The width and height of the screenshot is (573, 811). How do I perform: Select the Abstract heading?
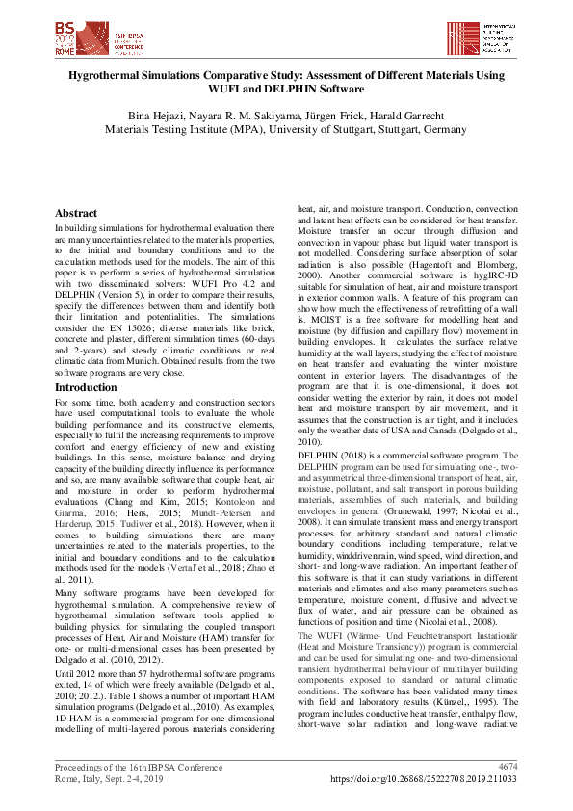(76, 213)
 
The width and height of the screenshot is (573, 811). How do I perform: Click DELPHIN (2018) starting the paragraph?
(330, 454)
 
